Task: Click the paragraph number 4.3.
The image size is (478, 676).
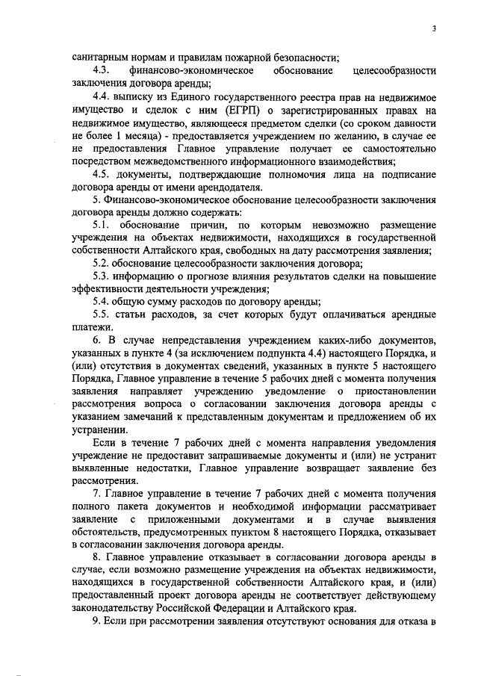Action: pos(101,69)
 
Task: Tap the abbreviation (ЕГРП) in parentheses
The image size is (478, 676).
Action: pos(222,110)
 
